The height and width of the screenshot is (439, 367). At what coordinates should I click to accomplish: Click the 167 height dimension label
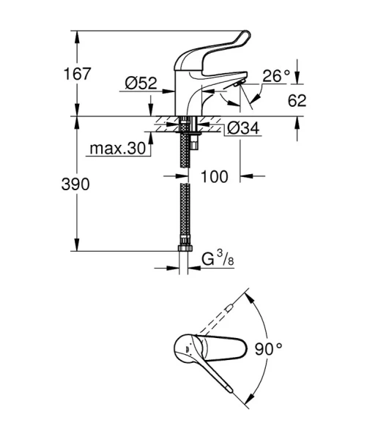[x=77, y=74]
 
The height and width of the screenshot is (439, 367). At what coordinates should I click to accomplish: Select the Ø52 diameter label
[x=141, y=85]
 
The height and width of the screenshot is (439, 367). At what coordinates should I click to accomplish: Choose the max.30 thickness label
[x=117, y=149]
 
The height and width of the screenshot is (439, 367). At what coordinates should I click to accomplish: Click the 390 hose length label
[x=77, y=184]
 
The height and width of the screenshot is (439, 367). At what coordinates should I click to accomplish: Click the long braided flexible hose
[x=185, y=212]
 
